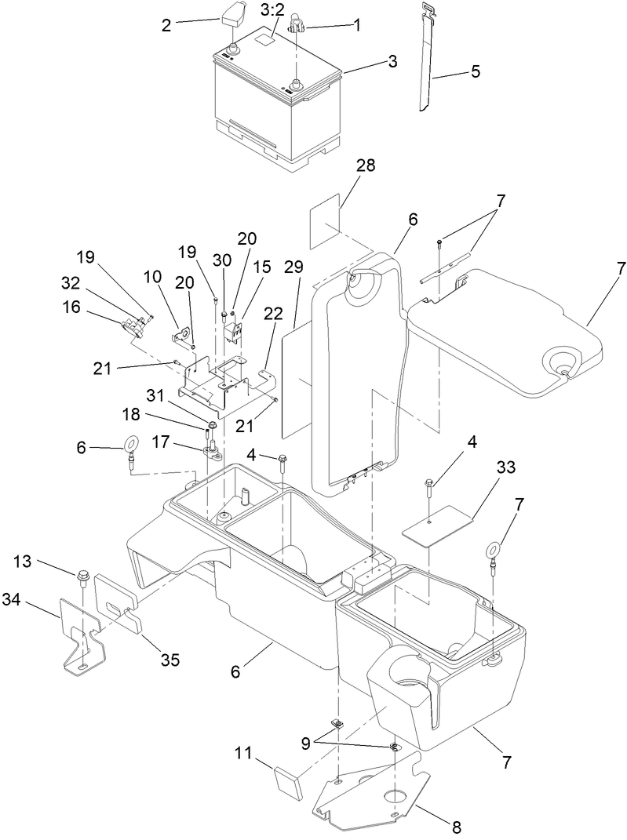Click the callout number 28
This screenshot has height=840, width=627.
click(366, 165)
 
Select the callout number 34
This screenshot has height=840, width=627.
click(34, 600)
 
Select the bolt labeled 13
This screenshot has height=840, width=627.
click(82, 580)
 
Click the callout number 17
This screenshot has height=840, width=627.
click(161, 442)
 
